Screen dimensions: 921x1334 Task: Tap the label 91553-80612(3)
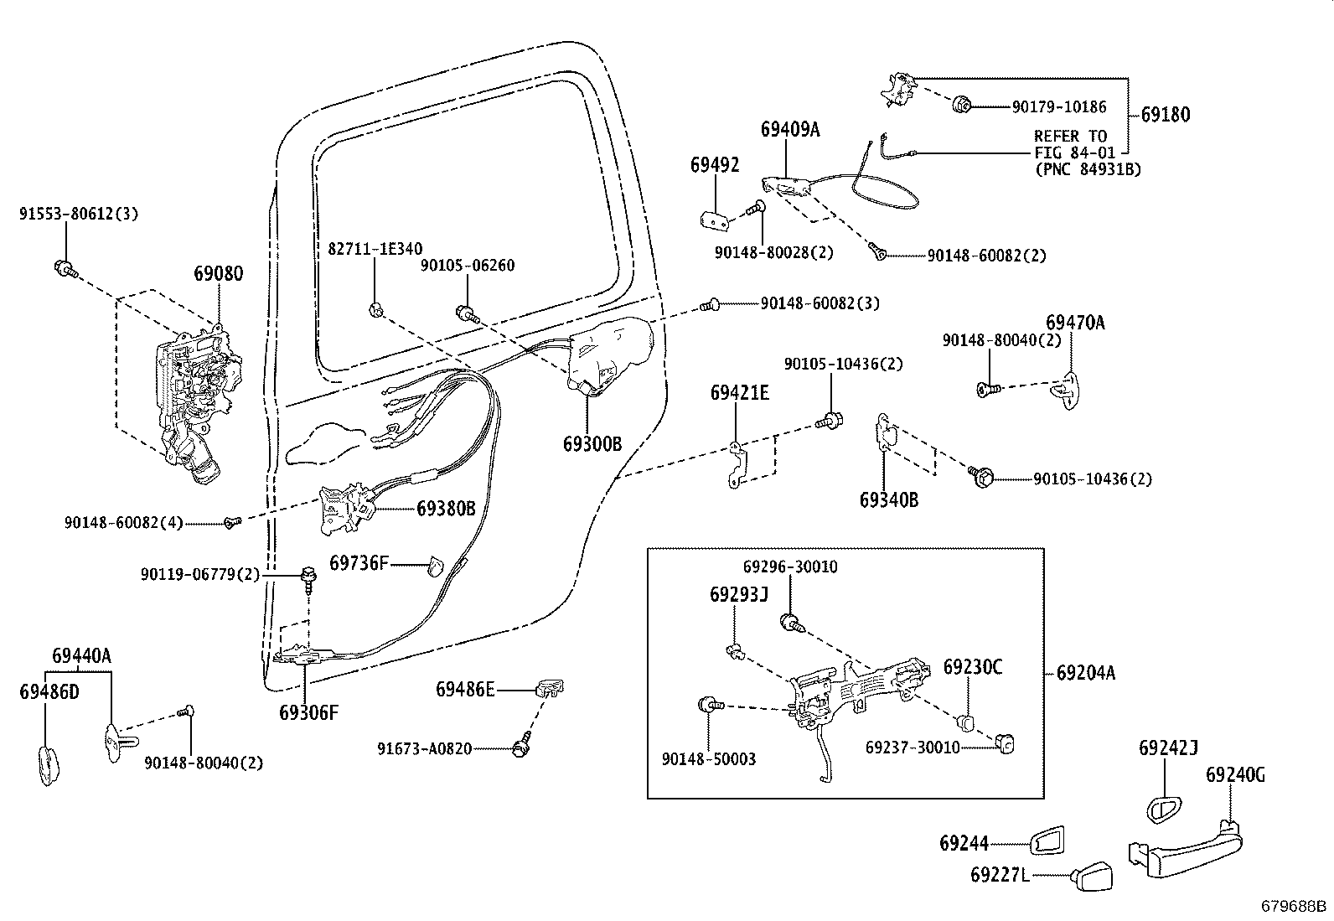point(79,214)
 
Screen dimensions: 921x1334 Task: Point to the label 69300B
point(592,443)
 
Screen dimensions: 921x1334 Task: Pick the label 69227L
point(999,875)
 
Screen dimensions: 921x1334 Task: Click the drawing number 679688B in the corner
point(1295,906)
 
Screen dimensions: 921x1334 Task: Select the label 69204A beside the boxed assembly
point(1085,672)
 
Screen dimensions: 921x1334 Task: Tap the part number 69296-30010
point(789,567)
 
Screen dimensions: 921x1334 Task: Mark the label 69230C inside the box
point(972,667)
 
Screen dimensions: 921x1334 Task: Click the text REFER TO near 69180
point(1070,136)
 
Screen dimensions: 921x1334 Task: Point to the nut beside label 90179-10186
point(961,106)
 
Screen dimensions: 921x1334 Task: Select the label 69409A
point(789,129)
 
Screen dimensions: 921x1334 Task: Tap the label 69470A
point(1074,322)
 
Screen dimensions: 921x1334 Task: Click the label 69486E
point(464,689)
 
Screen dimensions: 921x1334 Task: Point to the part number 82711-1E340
point(375,248)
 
